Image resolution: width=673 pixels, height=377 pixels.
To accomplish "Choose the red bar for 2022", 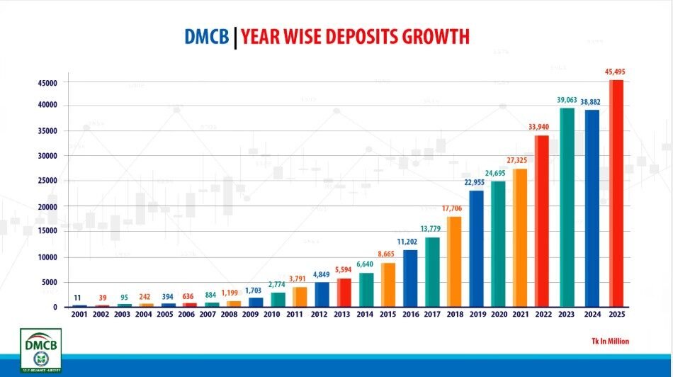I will (542, 220).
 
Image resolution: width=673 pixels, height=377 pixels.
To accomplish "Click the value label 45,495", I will (615, 72).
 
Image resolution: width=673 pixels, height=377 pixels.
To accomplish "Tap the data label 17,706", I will (452, 208).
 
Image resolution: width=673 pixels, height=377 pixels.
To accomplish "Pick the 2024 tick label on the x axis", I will (592, 314).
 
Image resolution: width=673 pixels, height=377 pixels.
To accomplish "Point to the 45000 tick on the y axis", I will (48, 82).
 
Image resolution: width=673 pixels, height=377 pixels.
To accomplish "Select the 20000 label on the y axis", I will (48, 206).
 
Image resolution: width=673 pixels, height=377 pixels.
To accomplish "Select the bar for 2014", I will (366, 289).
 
